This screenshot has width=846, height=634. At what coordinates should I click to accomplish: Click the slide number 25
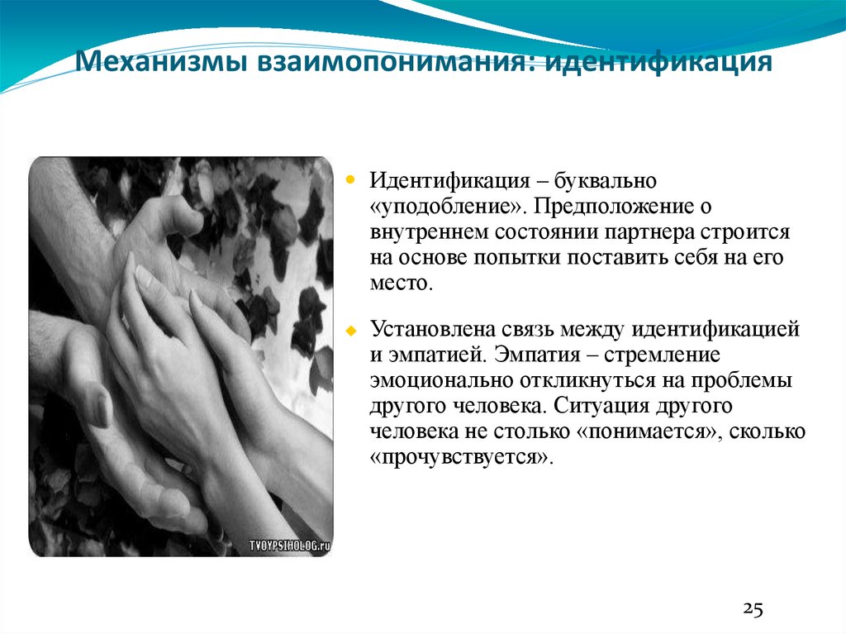pos(753,610)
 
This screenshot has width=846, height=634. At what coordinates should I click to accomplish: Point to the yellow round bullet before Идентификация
pos(349,179)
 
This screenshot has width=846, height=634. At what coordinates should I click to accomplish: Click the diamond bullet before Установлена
pos(349,330)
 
